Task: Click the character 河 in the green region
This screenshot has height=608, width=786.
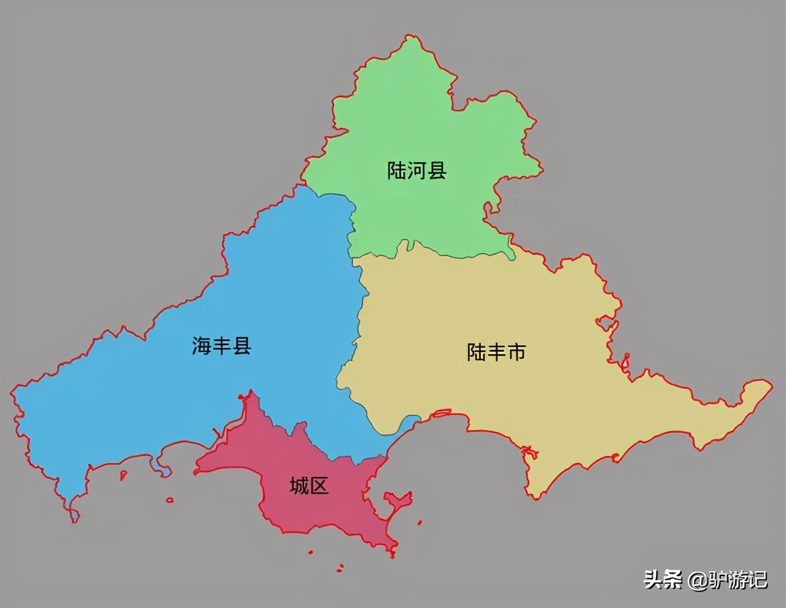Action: pyautogui.click(x=416, y=170)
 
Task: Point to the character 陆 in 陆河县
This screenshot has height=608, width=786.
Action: pyautogui.click(x=397, y=170)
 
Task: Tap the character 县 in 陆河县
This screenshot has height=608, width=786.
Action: pyautogui.click(x=437, y=170)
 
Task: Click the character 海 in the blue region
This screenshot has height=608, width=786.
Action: pyautogui.click(x=201, y=346)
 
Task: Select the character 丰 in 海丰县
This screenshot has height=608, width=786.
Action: pyautogui.click(x=222, y=346)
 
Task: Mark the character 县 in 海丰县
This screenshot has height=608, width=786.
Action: pyautogui.click(x=241, y=346)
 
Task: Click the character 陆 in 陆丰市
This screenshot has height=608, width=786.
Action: pyautogui.click(x=477, y=353)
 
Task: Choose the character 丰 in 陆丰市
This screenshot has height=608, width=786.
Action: pyautogui.click(x=496, y=353)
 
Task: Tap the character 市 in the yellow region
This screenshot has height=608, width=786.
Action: pyautogui.click(x=516, y=353)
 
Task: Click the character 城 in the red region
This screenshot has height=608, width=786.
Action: pyautogui.click(x=300, y=486)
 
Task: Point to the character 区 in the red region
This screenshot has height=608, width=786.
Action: pyautogui.click(x=319, y=486)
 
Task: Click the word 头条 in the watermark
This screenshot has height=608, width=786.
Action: pyautogui.click(x=663, y=579)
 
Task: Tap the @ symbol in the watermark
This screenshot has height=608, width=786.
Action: pyautogui.click(x=698, y=580)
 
